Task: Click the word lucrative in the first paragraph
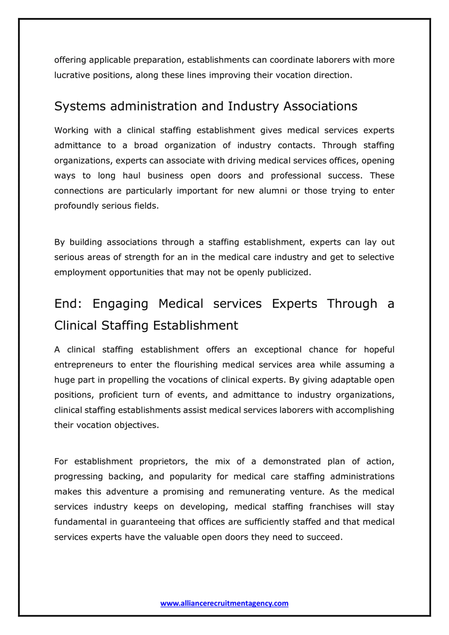tap(72, 75)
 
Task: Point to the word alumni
tap(273, 191)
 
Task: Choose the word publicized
tap(289, 272)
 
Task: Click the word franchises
tap(330, 507)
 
